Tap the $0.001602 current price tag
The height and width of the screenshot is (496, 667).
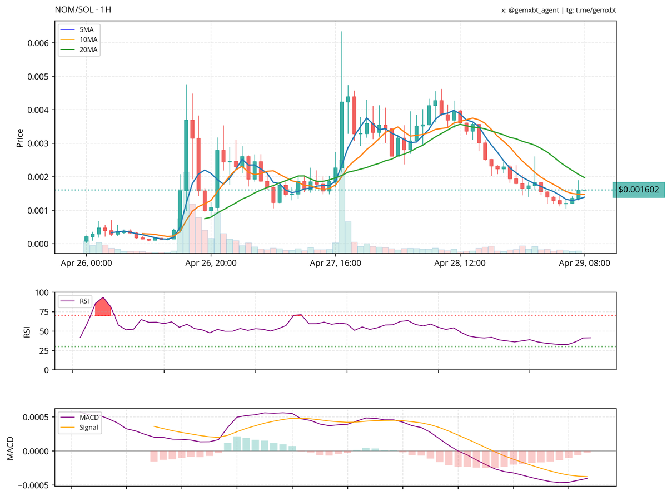pyautogui.click(x=638, y=190)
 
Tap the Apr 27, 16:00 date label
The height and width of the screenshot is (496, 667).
pyautogui.click(x=336, y=263)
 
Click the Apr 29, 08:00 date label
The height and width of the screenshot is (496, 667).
pyautogui.click(x=585, y=263)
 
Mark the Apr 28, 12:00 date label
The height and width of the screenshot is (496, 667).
pyautogui.click(x=460, y=263)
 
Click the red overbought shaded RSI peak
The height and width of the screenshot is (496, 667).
pyautogui.click(x=103, y=307)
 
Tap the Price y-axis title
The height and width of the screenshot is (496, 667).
pyautogui.click(x=20, y=138)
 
